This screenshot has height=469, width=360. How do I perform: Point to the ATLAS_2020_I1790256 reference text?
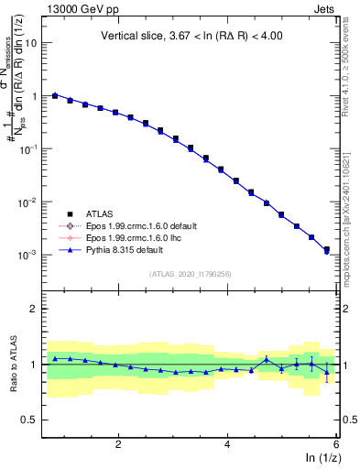click(191, 274)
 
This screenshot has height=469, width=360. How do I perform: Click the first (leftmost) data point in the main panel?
click(55, 94)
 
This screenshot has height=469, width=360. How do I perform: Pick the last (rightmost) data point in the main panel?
click(326, 249)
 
